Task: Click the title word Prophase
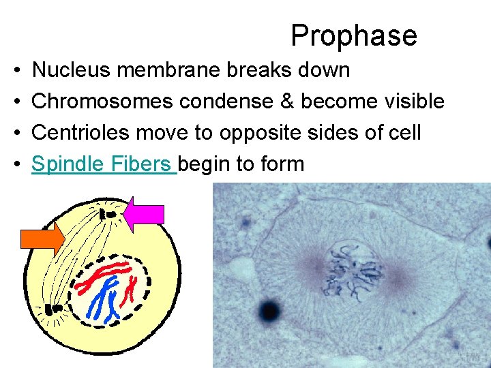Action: click(x=353, y=35)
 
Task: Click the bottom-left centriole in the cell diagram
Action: click(x=52, y=309)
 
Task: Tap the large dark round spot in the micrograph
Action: click(x=269, y=311)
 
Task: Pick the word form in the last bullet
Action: click(x=282, y=164)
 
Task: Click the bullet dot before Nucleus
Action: click(x=15, y=70)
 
